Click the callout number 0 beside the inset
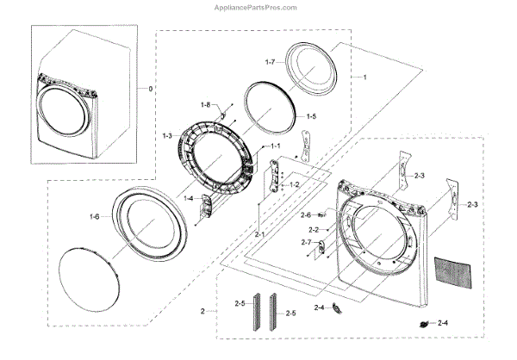[x=152, y=89]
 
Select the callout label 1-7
[x=270, y=63]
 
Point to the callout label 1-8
[x=205, y=104]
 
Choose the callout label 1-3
[x=167, y=135]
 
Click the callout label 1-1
[x=275, y=146]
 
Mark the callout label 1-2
[x=294, y=184]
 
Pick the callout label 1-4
[x=188, y=198]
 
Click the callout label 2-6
[x=306, y=214]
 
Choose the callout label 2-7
[x=306, y=243]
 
